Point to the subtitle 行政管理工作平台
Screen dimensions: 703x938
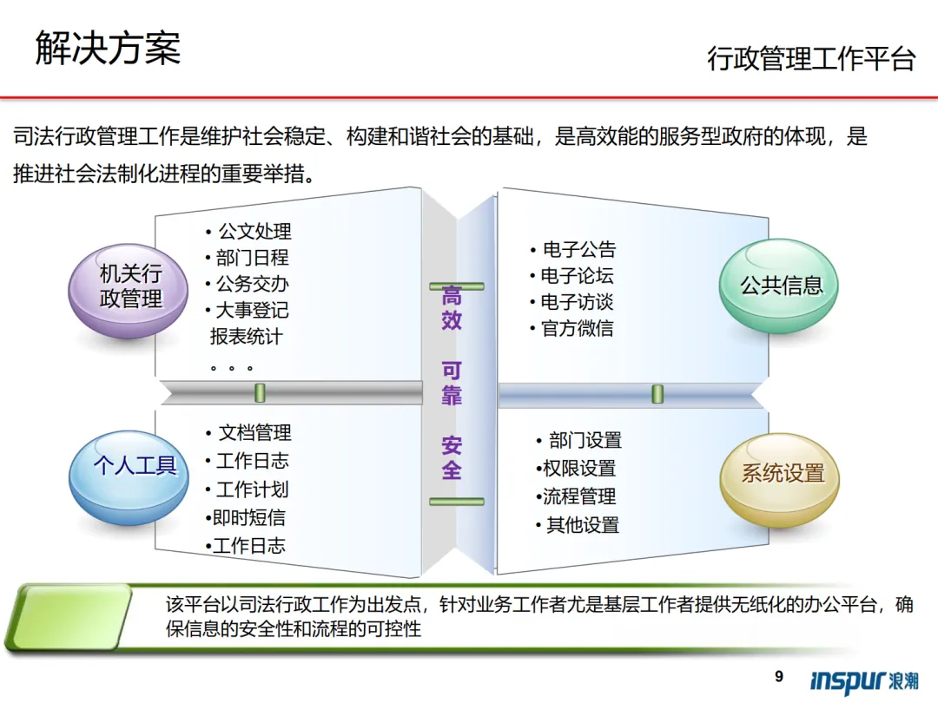click(811, 59)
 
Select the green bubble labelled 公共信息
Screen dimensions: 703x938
click(781, 286)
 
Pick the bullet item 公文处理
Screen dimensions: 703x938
click(254, 232)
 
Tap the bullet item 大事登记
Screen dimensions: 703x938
click(252, 310)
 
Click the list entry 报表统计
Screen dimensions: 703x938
click(246, 336)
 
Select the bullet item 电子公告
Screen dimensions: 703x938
click(578, 250)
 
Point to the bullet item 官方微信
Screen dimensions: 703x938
click(577, 329)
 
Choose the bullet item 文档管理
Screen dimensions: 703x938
click(254, 433)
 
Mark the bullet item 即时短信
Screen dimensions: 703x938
click(249, 518)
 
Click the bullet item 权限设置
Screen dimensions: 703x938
click(578, 469)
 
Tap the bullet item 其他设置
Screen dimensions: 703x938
click(582, 525)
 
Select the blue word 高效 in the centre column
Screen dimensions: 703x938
click(452, 308)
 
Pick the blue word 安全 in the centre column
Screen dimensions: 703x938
click(452, 458)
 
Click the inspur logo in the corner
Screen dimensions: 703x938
click(863, 680)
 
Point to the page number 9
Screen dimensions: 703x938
click(778, 676)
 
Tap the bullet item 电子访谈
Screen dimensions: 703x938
click(577, 302)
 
